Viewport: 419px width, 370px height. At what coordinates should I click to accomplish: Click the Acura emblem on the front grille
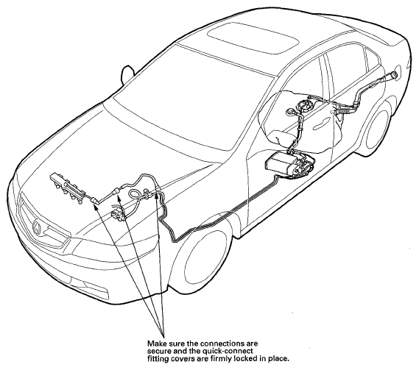37,226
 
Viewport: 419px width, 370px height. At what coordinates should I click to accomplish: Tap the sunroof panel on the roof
253,37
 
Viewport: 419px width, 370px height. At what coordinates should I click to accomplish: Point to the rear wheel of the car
377,129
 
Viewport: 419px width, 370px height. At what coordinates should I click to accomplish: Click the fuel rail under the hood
68,186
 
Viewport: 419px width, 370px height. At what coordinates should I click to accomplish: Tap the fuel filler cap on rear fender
393,75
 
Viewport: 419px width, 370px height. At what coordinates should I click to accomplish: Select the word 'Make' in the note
156,343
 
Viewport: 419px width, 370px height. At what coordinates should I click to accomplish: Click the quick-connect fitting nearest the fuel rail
94,200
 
